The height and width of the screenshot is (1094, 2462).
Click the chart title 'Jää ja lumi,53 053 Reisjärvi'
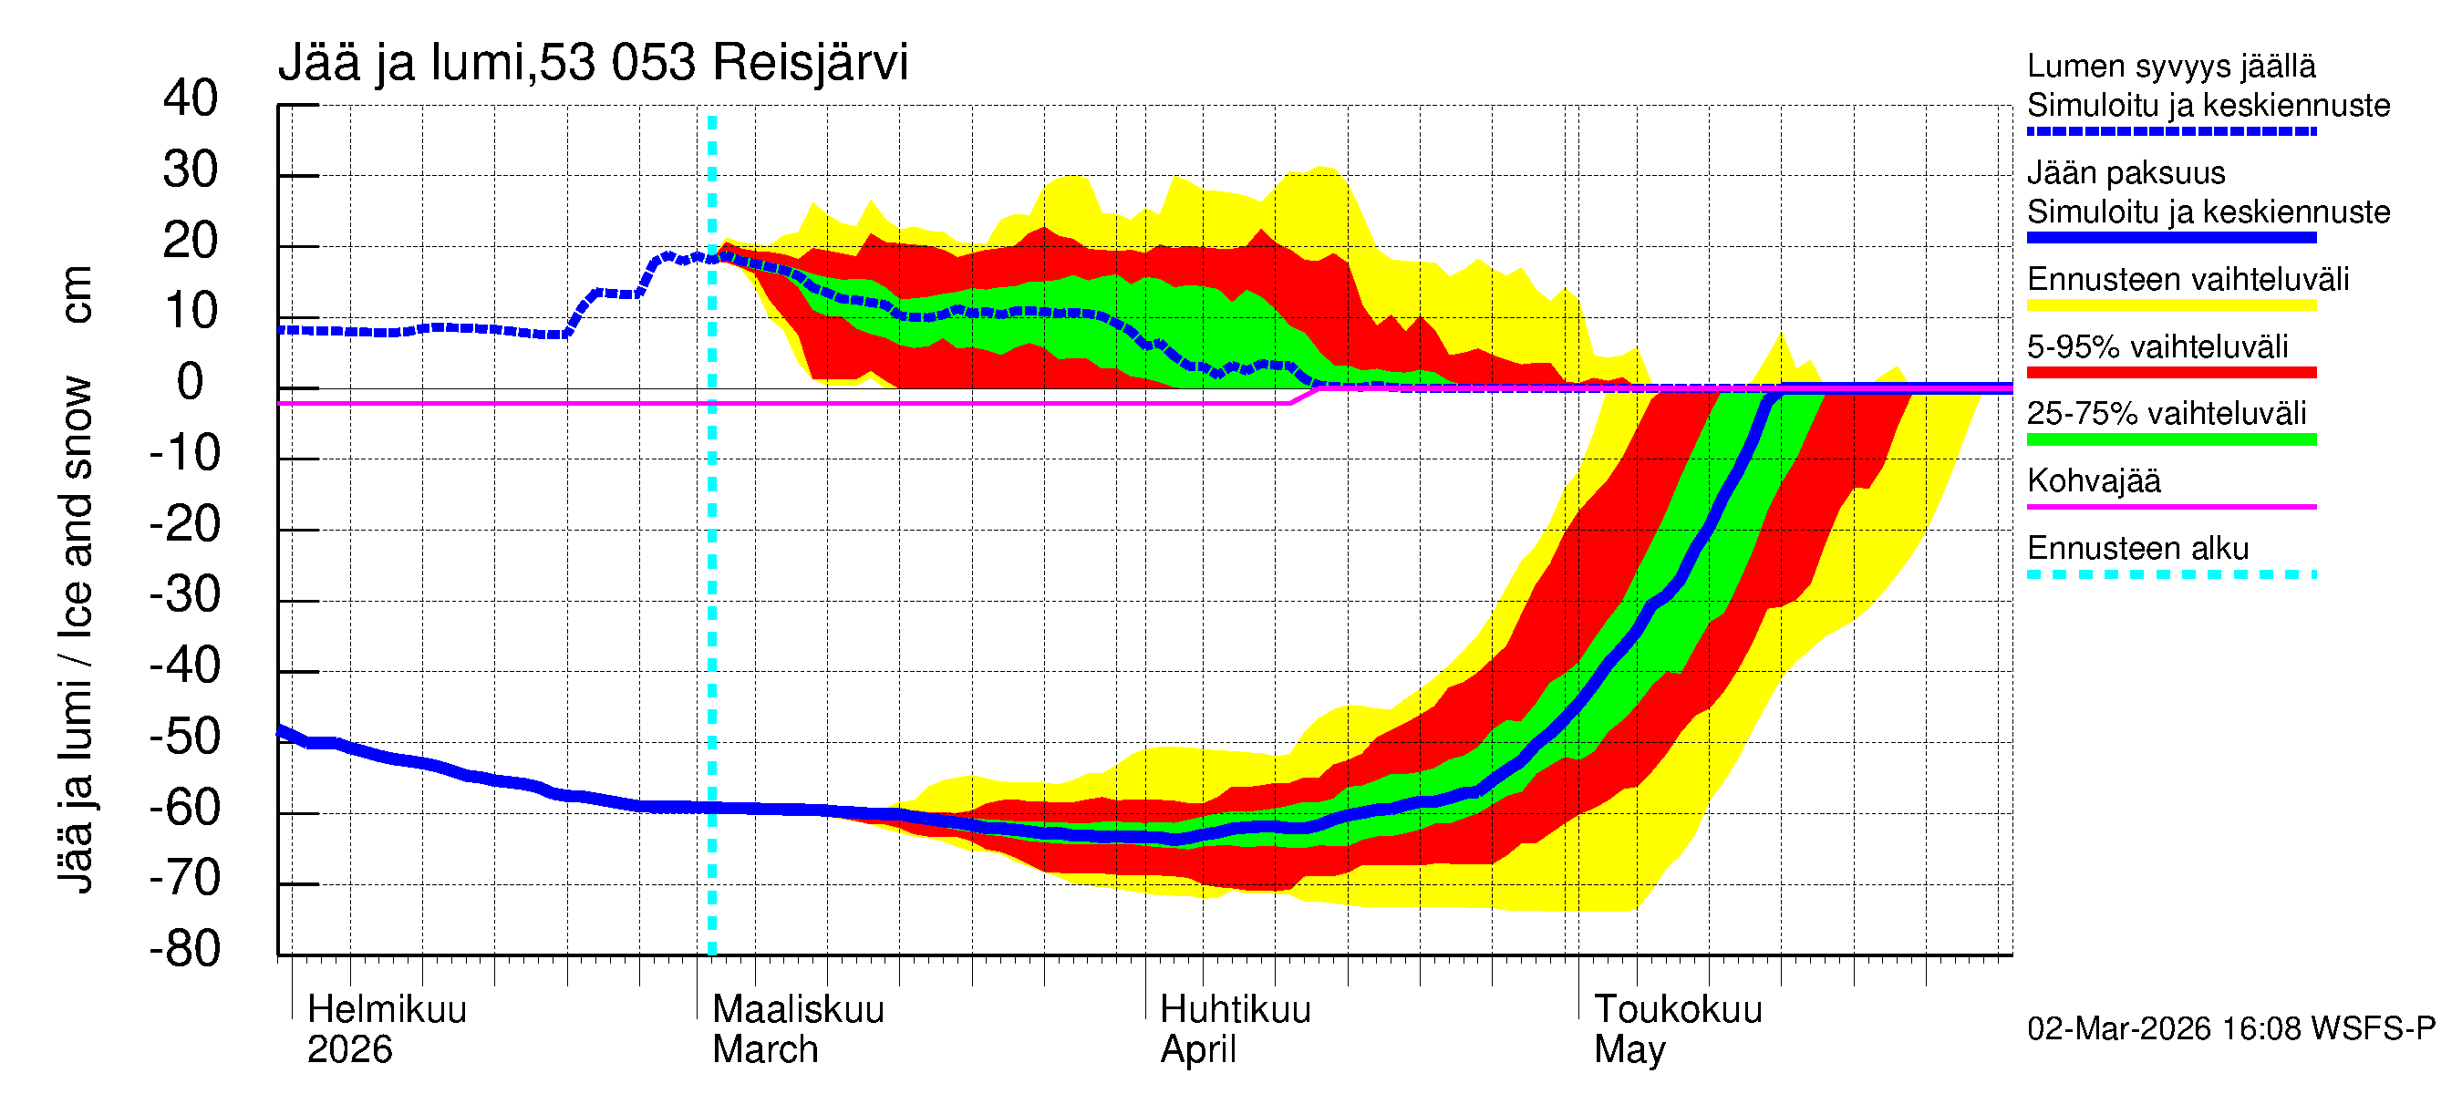click(x=593, y=63)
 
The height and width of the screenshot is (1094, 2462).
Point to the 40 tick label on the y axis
click(x=191, y=98)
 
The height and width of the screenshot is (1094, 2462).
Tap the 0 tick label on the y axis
click(x=191, y=382)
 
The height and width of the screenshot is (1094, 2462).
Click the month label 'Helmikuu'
click(x=387, y=1009)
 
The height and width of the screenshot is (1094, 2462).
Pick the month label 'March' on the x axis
click(x=765, y=1049)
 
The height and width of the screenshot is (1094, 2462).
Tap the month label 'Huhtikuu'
click(x=1235, y=1009)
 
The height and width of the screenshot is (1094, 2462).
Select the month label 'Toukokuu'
click(x=1677, y=1009)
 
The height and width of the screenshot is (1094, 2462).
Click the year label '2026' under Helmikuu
click(x=350, y=1049)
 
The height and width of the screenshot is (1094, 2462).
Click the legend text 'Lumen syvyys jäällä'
click(x=2170, y=66)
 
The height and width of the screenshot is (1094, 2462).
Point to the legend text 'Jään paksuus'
click(x=2126, y=173)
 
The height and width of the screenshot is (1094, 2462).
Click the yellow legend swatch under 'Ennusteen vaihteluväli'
click(x=2170, y=304)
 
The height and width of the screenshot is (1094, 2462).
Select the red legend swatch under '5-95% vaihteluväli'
click(x=2170, y=372)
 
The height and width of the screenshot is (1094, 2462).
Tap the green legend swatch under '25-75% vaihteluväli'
click(x=2170, y=439)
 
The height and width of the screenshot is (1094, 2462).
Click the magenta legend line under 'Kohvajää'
click(x=2170, y=506)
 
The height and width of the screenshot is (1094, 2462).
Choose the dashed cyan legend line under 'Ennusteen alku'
click(x=2170, y=574)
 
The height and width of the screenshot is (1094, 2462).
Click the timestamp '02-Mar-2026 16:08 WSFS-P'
click(x=2230, y=1028)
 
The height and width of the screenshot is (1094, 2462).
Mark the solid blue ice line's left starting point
click(x=280, y=731)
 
